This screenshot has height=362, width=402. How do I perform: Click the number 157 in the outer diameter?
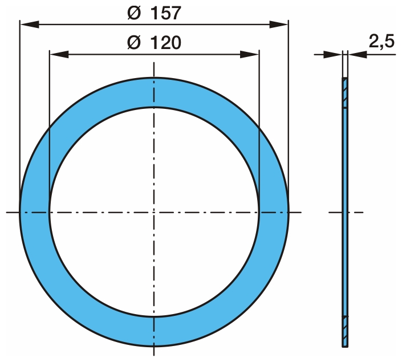point(166,13)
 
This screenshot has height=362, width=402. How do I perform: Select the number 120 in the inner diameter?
point(166,43)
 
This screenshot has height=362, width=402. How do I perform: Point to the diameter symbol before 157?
point(134,13)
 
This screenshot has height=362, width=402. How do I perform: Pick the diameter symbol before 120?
point(134,43)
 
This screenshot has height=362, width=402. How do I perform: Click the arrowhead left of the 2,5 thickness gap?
point(332,54)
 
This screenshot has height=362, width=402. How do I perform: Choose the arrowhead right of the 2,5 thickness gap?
point(357,54)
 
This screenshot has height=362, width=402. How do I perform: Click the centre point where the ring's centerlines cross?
point(154,212)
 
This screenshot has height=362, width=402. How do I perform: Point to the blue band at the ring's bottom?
point(154,331)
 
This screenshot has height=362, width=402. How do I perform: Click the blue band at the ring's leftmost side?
point(34,212)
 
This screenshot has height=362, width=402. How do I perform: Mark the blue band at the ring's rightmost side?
point(274,212)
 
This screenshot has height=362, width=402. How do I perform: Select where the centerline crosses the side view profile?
point(344,212)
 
